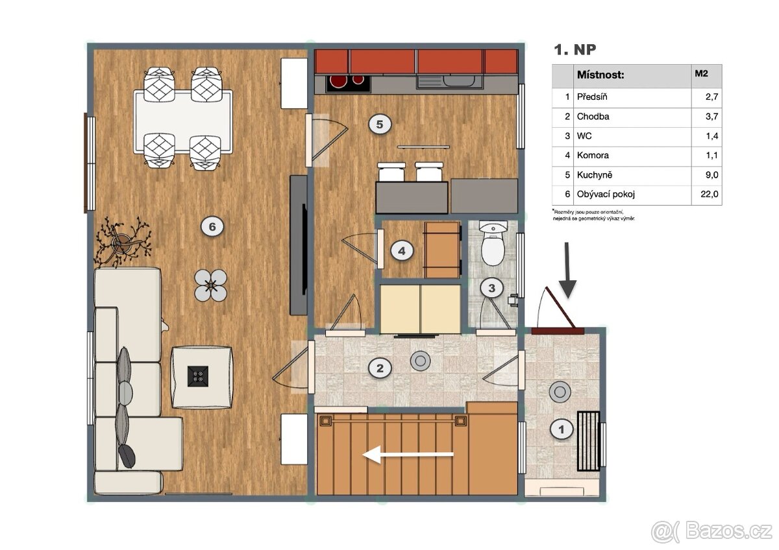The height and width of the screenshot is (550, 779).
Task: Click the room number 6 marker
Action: click(212, 227)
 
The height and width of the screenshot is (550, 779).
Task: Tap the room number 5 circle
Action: click(380, 124)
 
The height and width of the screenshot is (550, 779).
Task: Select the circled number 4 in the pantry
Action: click(402, 251)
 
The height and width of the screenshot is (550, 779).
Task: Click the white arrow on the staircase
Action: click(408, 454)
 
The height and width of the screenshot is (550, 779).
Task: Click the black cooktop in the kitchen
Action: click(348, 84)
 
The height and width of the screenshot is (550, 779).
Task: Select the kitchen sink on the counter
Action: click(449, 82)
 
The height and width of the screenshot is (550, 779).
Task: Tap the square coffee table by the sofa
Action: click(201, 377)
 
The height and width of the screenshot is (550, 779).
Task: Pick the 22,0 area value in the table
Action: click(710, 194)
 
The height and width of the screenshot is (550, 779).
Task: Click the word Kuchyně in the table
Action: click(595, 174)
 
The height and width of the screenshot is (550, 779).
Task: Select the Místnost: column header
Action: click(600, 75)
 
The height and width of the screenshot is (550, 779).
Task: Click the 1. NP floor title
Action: click(575, 50)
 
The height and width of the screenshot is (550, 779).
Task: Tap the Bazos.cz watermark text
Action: click(728, 531)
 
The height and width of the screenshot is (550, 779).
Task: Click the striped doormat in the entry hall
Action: click(588, 441)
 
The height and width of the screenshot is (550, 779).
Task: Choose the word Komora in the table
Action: click(593, 155)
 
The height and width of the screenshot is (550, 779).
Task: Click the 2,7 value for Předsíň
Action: click(712, 97)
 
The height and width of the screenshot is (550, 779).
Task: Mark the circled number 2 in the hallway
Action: click(380, 368)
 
